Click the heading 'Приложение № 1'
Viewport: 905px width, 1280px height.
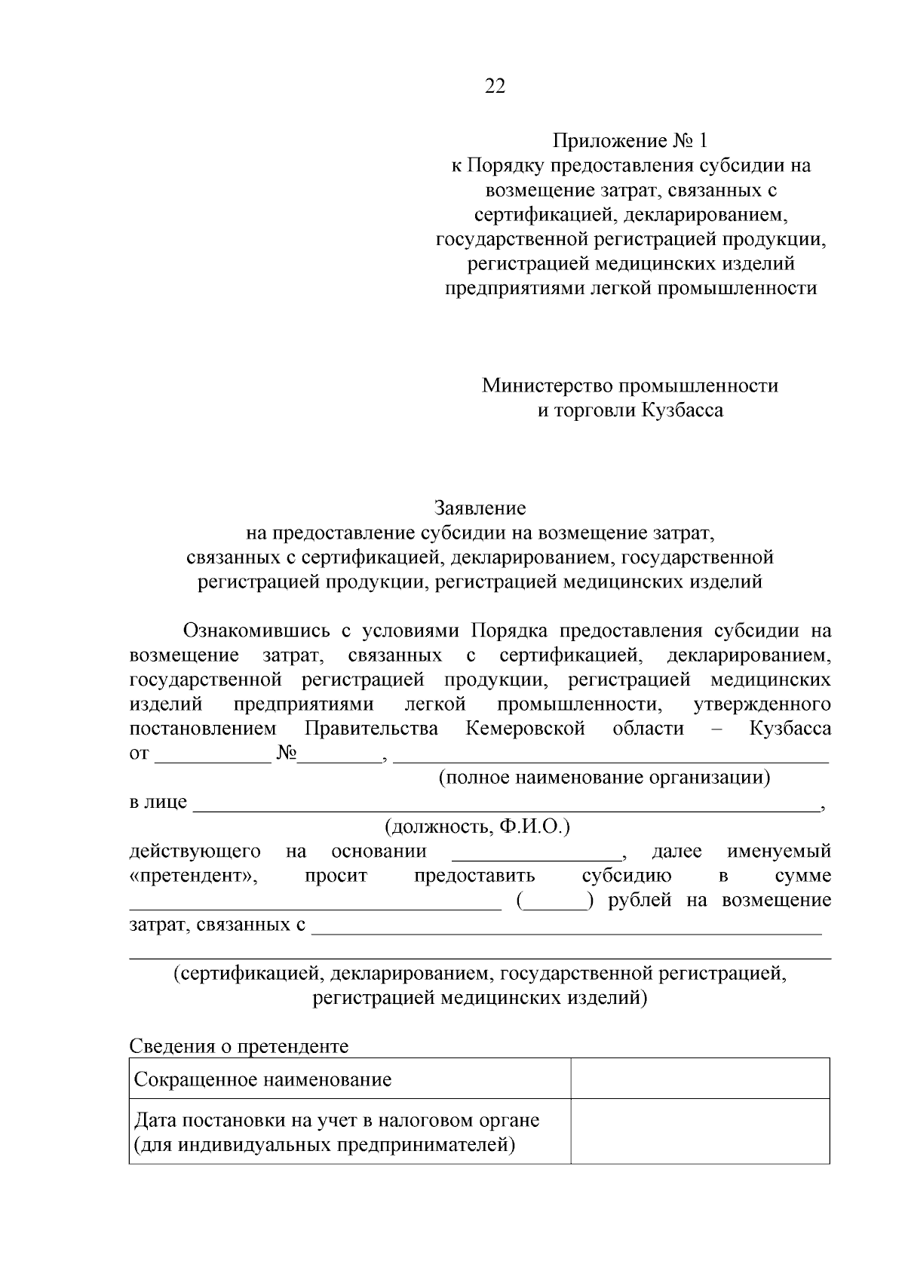(630, 141)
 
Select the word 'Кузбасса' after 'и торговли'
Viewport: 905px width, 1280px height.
(683, 410)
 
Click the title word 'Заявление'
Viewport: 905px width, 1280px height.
(480, 508)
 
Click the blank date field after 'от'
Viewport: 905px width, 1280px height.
(212, 756)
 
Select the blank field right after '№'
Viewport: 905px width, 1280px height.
(340, 756)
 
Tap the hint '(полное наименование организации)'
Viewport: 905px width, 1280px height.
(605, 778)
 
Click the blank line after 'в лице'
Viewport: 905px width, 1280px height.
(505, 804)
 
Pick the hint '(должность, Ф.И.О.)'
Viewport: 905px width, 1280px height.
(478, 827)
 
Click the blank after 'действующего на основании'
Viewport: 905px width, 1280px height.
(537, 853)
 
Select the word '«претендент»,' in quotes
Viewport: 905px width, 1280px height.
(193, 876)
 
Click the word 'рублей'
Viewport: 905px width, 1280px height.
(640, 901)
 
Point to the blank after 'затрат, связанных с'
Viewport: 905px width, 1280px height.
(566, 927)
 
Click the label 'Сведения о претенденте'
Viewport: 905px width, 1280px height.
(239, 1046)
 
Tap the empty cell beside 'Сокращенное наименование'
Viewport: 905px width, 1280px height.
(700, 1079)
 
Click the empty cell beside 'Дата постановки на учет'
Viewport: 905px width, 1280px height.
(700, 1131)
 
